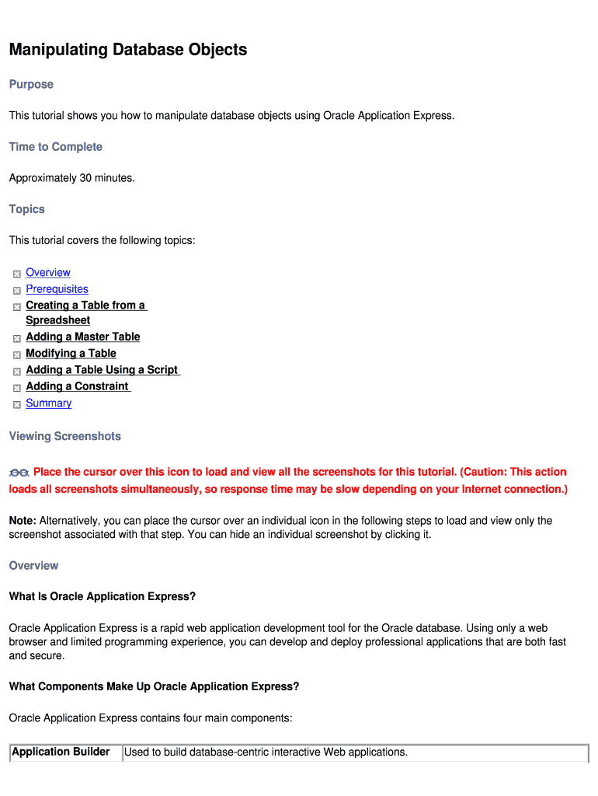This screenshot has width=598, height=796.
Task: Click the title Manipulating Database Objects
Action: pos(128,50)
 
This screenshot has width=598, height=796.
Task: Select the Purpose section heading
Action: pos(31,84)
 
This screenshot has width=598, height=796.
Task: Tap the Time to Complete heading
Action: pos(55,147)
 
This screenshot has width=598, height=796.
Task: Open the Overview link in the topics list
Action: pos(48,272)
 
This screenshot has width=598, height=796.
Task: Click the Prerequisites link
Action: pos(57,288)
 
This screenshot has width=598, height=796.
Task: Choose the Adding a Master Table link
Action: pos(83,337)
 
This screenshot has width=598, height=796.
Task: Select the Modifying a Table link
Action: pos(71,353)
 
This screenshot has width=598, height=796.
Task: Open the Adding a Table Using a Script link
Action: pos(102,370)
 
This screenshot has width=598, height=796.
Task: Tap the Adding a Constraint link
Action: pos(77,386)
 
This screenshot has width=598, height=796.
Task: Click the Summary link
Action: pos(48,403)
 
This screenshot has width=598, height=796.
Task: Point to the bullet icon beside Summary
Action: pos(17,404)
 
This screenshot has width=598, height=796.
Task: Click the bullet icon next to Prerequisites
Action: pos(17,290)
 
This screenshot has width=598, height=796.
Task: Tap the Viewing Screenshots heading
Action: pos(64,436)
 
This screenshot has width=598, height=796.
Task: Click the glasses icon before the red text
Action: pos(19,473)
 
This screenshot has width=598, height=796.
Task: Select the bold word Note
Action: pos(22,520)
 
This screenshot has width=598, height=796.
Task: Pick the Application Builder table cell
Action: pos(61,752)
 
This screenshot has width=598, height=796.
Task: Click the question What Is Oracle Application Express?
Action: pos(102,596)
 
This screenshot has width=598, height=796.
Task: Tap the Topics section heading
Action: pos(26,209)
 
